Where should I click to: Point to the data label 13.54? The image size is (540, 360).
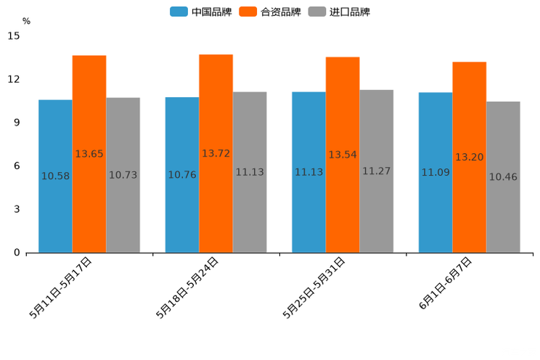pos(343,155)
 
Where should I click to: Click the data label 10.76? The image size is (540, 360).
pos(182,175)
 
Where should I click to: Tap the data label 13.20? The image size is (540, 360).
pos(470,157)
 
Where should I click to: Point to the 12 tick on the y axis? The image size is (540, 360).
pos(15,79)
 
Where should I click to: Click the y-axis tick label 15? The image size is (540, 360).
pos(15,36)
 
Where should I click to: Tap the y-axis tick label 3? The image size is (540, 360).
pos(17,209)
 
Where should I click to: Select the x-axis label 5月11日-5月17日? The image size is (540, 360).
pos(61,287)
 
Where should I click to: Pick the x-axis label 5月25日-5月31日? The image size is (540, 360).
pos(314,287)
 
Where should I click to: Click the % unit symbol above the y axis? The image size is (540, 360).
pos(26,21)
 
